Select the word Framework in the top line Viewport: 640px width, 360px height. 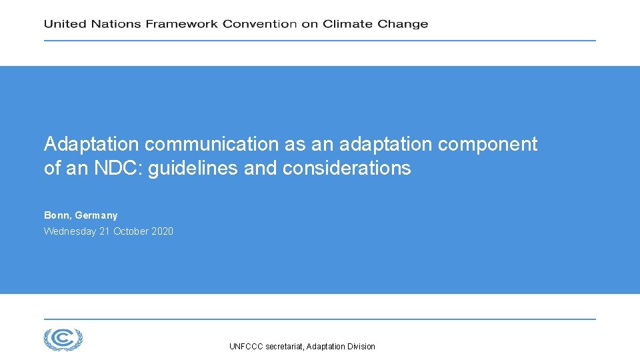pos(182,24)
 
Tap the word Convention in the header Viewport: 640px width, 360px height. pos(259,24)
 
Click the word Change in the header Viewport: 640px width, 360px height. pos(403,24)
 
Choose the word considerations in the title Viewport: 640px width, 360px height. pos(347,168)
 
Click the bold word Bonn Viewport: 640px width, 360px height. pos(57,215)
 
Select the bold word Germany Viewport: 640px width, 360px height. pos(96,215)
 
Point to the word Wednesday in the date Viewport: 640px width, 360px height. pos(69,231)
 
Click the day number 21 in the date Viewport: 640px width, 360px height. pos(104,231)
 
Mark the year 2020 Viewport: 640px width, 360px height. pos(162,231)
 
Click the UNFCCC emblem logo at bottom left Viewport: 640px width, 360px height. pos(63,339)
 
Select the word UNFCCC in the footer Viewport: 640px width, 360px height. pos(246,347)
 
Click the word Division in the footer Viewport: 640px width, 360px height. pos(361,347)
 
